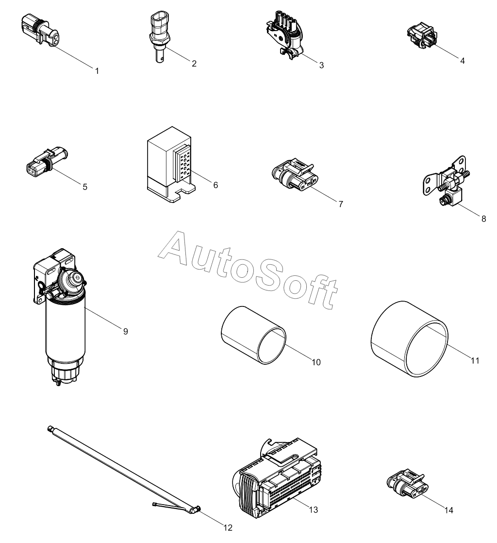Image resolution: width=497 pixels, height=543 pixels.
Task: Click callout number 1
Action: tap(97, 71)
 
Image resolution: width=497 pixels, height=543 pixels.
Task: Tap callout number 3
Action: tap(322, 65)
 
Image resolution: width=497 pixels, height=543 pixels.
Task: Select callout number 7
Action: tap(341, 204)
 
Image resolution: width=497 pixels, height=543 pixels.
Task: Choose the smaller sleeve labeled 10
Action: tap(253, 335)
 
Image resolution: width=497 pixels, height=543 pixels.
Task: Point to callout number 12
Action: tap(229, 527)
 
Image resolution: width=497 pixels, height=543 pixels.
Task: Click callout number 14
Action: tap(449, 510)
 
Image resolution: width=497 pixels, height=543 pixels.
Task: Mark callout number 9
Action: tap(126, 331)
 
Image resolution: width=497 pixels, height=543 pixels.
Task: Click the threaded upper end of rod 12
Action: tap(51, 429)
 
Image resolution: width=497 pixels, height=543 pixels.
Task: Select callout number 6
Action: tap(215, 185)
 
